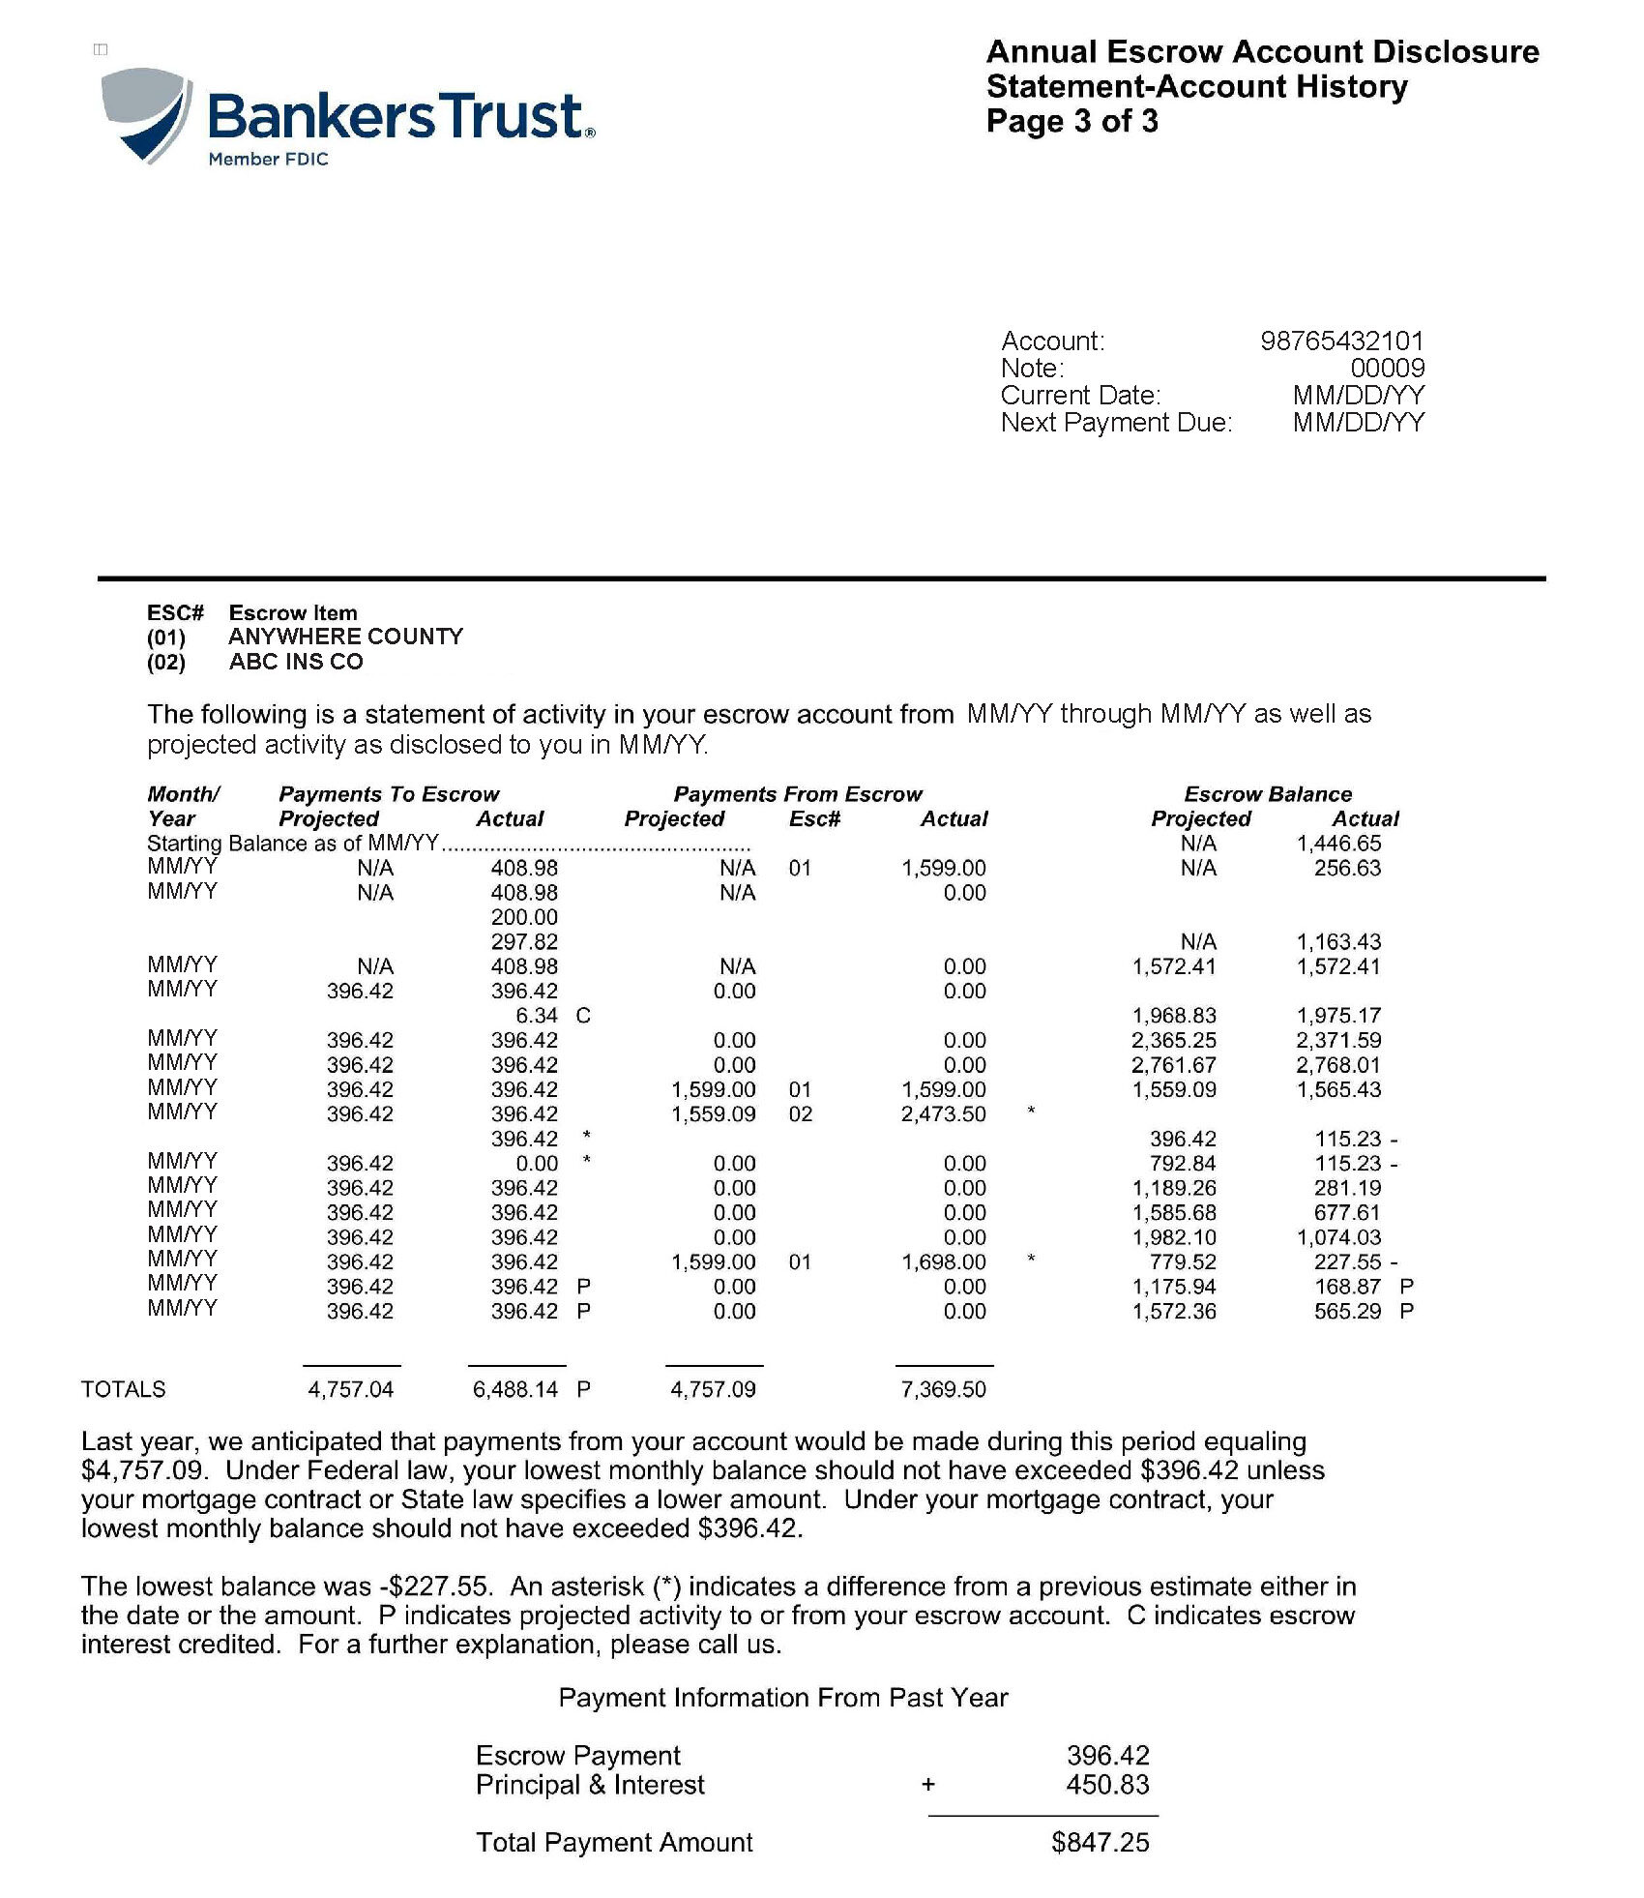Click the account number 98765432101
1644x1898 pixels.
(1341, 341)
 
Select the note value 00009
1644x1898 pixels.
(1387, 368)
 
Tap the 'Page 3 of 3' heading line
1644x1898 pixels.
(1072, 121)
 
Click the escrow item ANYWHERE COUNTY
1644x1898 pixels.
(345, 637)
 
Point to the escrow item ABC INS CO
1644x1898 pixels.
(296, 662)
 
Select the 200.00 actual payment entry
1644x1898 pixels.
(524, 917)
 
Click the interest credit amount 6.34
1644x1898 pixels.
(537, 1016)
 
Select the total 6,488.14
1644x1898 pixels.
(515, 1390)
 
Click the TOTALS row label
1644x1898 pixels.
(123, 1390)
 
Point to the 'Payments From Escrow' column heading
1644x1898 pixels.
(798, 794)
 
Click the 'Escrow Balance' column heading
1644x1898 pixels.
(1268, 794)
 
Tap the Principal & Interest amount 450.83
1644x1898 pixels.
(1107, 1785)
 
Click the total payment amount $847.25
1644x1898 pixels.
(1101, 1843)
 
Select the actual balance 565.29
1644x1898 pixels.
(1347, 1312)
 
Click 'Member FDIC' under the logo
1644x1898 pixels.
(268, 160)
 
